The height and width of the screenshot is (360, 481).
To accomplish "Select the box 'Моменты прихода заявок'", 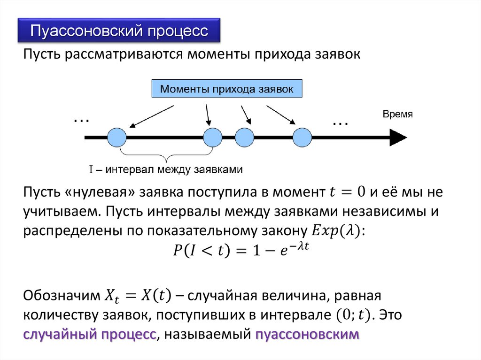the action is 226,88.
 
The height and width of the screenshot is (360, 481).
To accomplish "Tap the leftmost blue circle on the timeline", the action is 117,138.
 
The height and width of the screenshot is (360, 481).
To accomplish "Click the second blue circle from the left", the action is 213,138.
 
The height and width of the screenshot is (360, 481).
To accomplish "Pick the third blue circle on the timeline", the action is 244,138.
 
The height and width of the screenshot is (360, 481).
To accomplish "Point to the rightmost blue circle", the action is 302,138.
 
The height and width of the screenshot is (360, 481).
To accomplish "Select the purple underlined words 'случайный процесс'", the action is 90,335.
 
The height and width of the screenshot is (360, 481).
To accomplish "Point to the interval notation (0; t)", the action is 348,314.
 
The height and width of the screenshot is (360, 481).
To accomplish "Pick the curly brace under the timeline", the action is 167,155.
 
